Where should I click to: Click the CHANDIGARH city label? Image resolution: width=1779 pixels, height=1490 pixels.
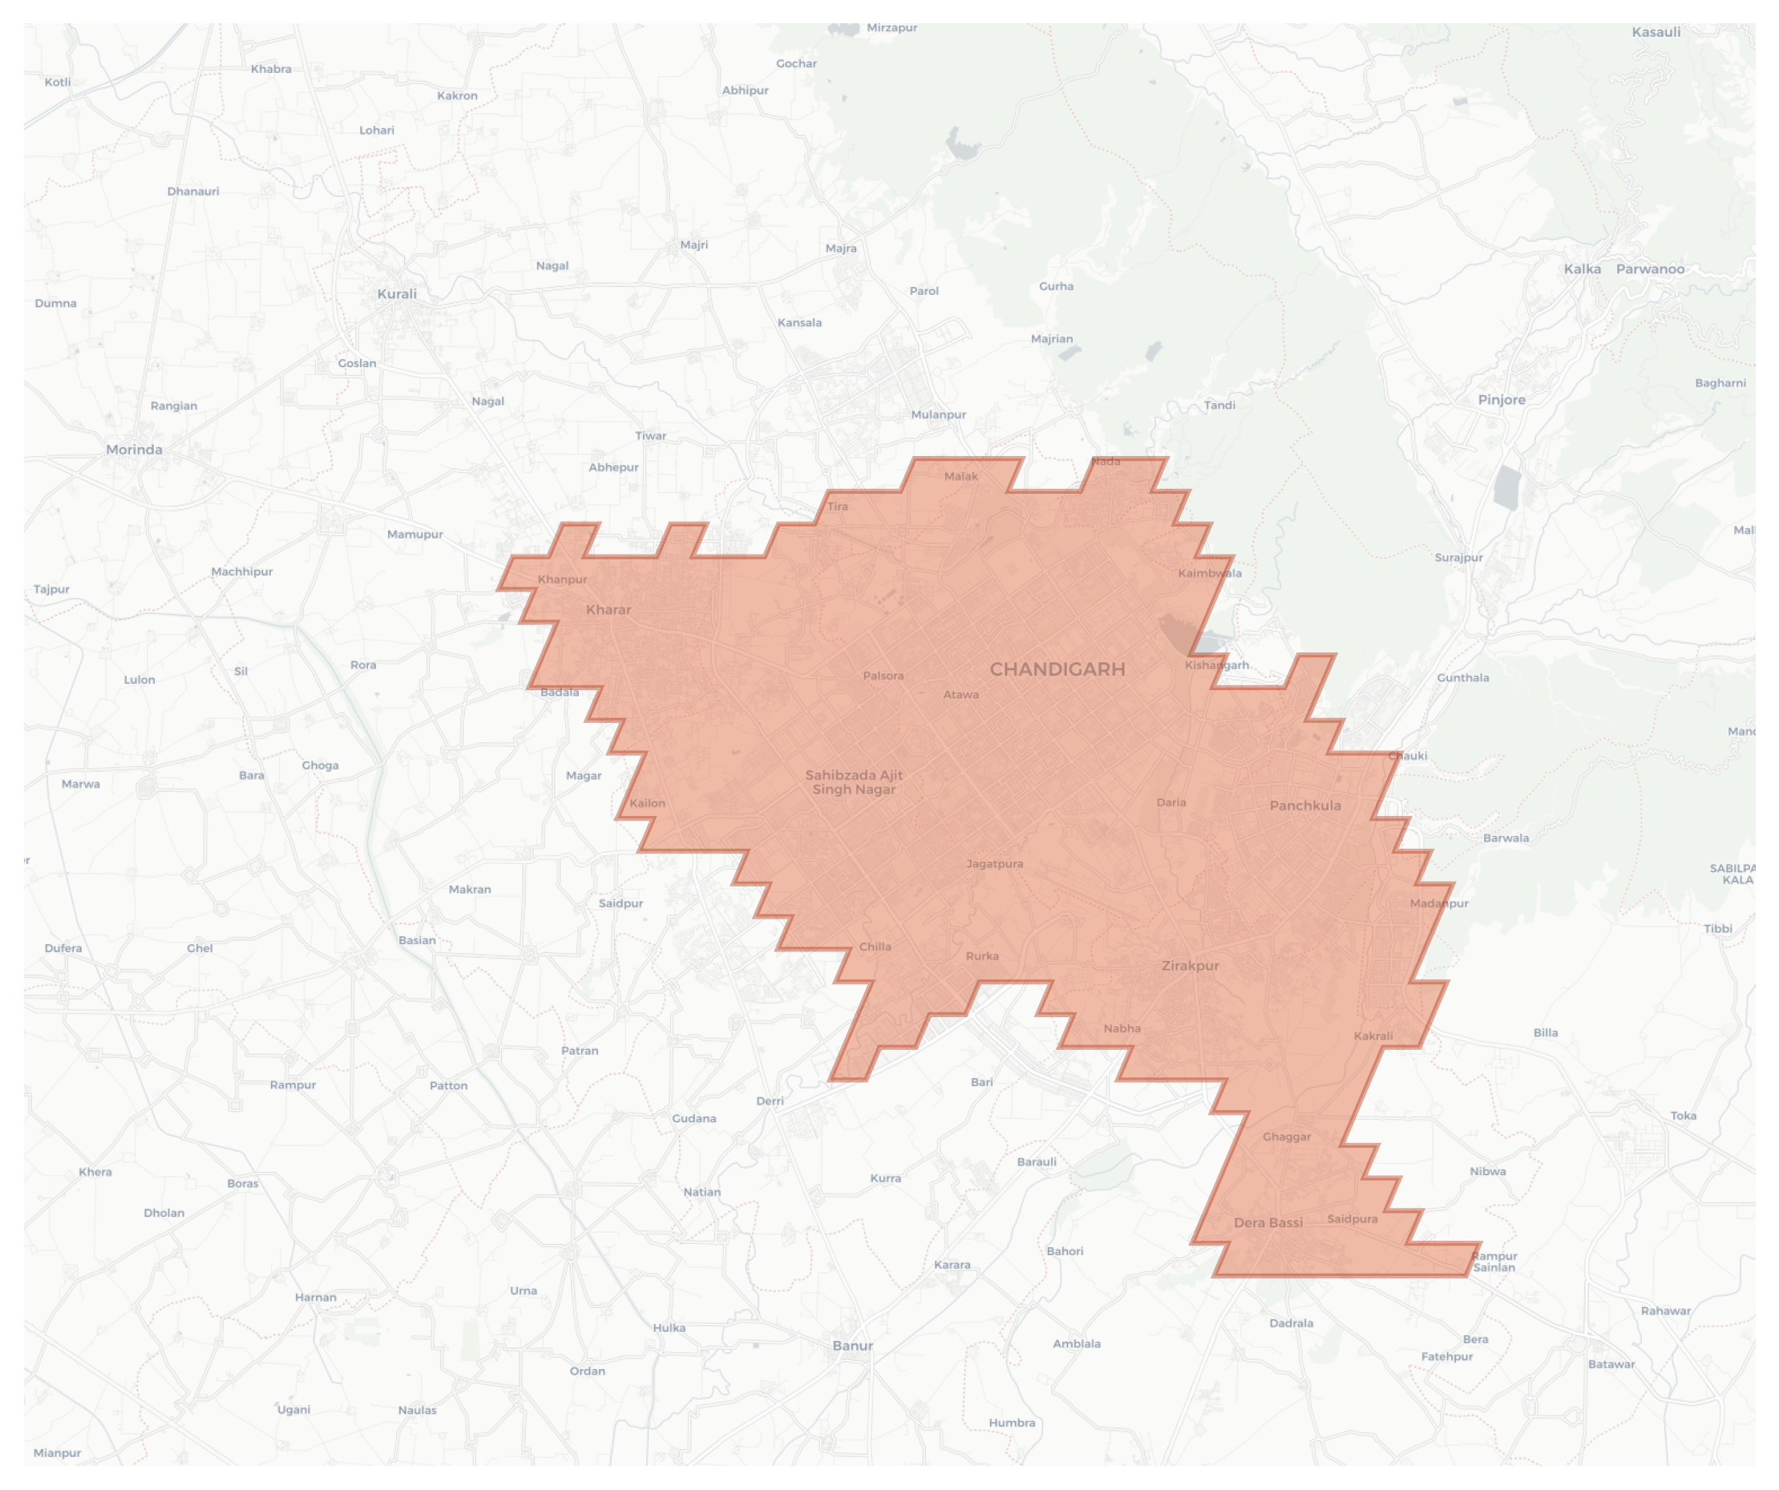(x=1057, y=670)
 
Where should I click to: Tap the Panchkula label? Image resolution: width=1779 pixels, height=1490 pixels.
(x=1304, y=806)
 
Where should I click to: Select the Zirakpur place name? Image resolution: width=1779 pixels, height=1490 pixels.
(x=1191, y=966)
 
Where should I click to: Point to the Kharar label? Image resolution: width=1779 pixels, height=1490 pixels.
(x=608, y=610)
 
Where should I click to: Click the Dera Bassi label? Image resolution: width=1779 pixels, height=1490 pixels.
(x=1268, y=1222)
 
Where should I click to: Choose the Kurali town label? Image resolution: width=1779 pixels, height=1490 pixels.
(x=397, y=294)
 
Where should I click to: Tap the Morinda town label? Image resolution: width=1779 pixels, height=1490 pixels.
(x=134, y=450)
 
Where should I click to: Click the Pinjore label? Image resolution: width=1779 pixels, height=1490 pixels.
(x=1501, y=400)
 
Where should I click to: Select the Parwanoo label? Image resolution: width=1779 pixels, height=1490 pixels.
(x=1649, y=269)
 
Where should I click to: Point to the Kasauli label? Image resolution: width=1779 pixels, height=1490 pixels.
(x=1656, y=32)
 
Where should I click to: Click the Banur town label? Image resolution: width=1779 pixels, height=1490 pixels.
(x=852, y=1346)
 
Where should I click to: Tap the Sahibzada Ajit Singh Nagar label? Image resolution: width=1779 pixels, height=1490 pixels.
(x=854, y=781)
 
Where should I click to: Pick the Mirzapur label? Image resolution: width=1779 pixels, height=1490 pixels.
(x=892, y=28)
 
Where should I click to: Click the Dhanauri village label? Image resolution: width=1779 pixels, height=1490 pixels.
(x=193, y=192)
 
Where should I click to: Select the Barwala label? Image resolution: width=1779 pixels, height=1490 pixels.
(x=1506, y=838)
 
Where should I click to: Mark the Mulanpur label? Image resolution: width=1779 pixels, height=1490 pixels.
(x=938, y=415)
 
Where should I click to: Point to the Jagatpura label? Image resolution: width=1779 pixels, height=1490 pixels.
(x=995, y=864)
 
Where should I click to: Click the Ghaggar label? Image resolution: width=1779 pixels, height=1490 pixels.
(x=1287, y=1137)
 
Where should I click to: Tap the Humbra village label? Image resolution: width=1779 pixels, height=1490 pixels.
(x=1012, y=1423)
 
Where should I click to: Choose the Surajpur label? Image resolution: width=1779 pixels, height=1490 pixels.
(x=1458, y=557)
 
